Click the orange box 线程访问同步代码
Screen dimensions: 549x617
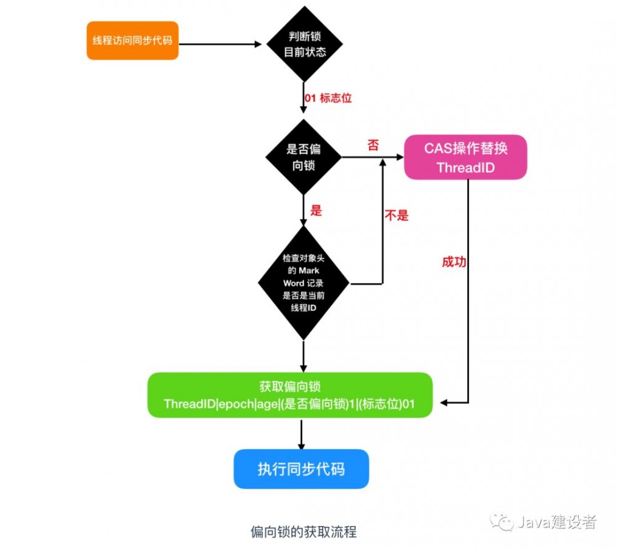132,41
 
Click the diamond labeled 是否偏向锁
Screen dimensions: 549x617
304,157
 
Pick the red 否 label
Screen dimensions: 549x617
373,146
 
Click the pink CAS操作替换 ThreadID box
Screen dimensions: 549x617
465,157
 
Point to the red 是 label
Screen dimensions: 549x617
316,210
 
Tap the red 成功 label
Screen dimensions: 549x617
453,262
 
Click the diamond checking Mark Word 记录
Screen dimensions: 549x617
303,283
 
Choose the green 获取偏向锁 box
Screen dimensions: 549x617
289,395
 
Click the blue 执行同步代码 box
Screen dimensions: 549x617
300,469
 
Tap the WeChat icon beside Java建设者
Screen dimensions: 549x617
502,522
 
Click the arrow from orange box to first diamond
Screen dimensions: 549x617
219,44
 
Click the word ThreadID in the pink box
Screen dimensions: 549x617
465,167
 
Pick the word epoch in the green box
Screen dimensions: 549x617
239,403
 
